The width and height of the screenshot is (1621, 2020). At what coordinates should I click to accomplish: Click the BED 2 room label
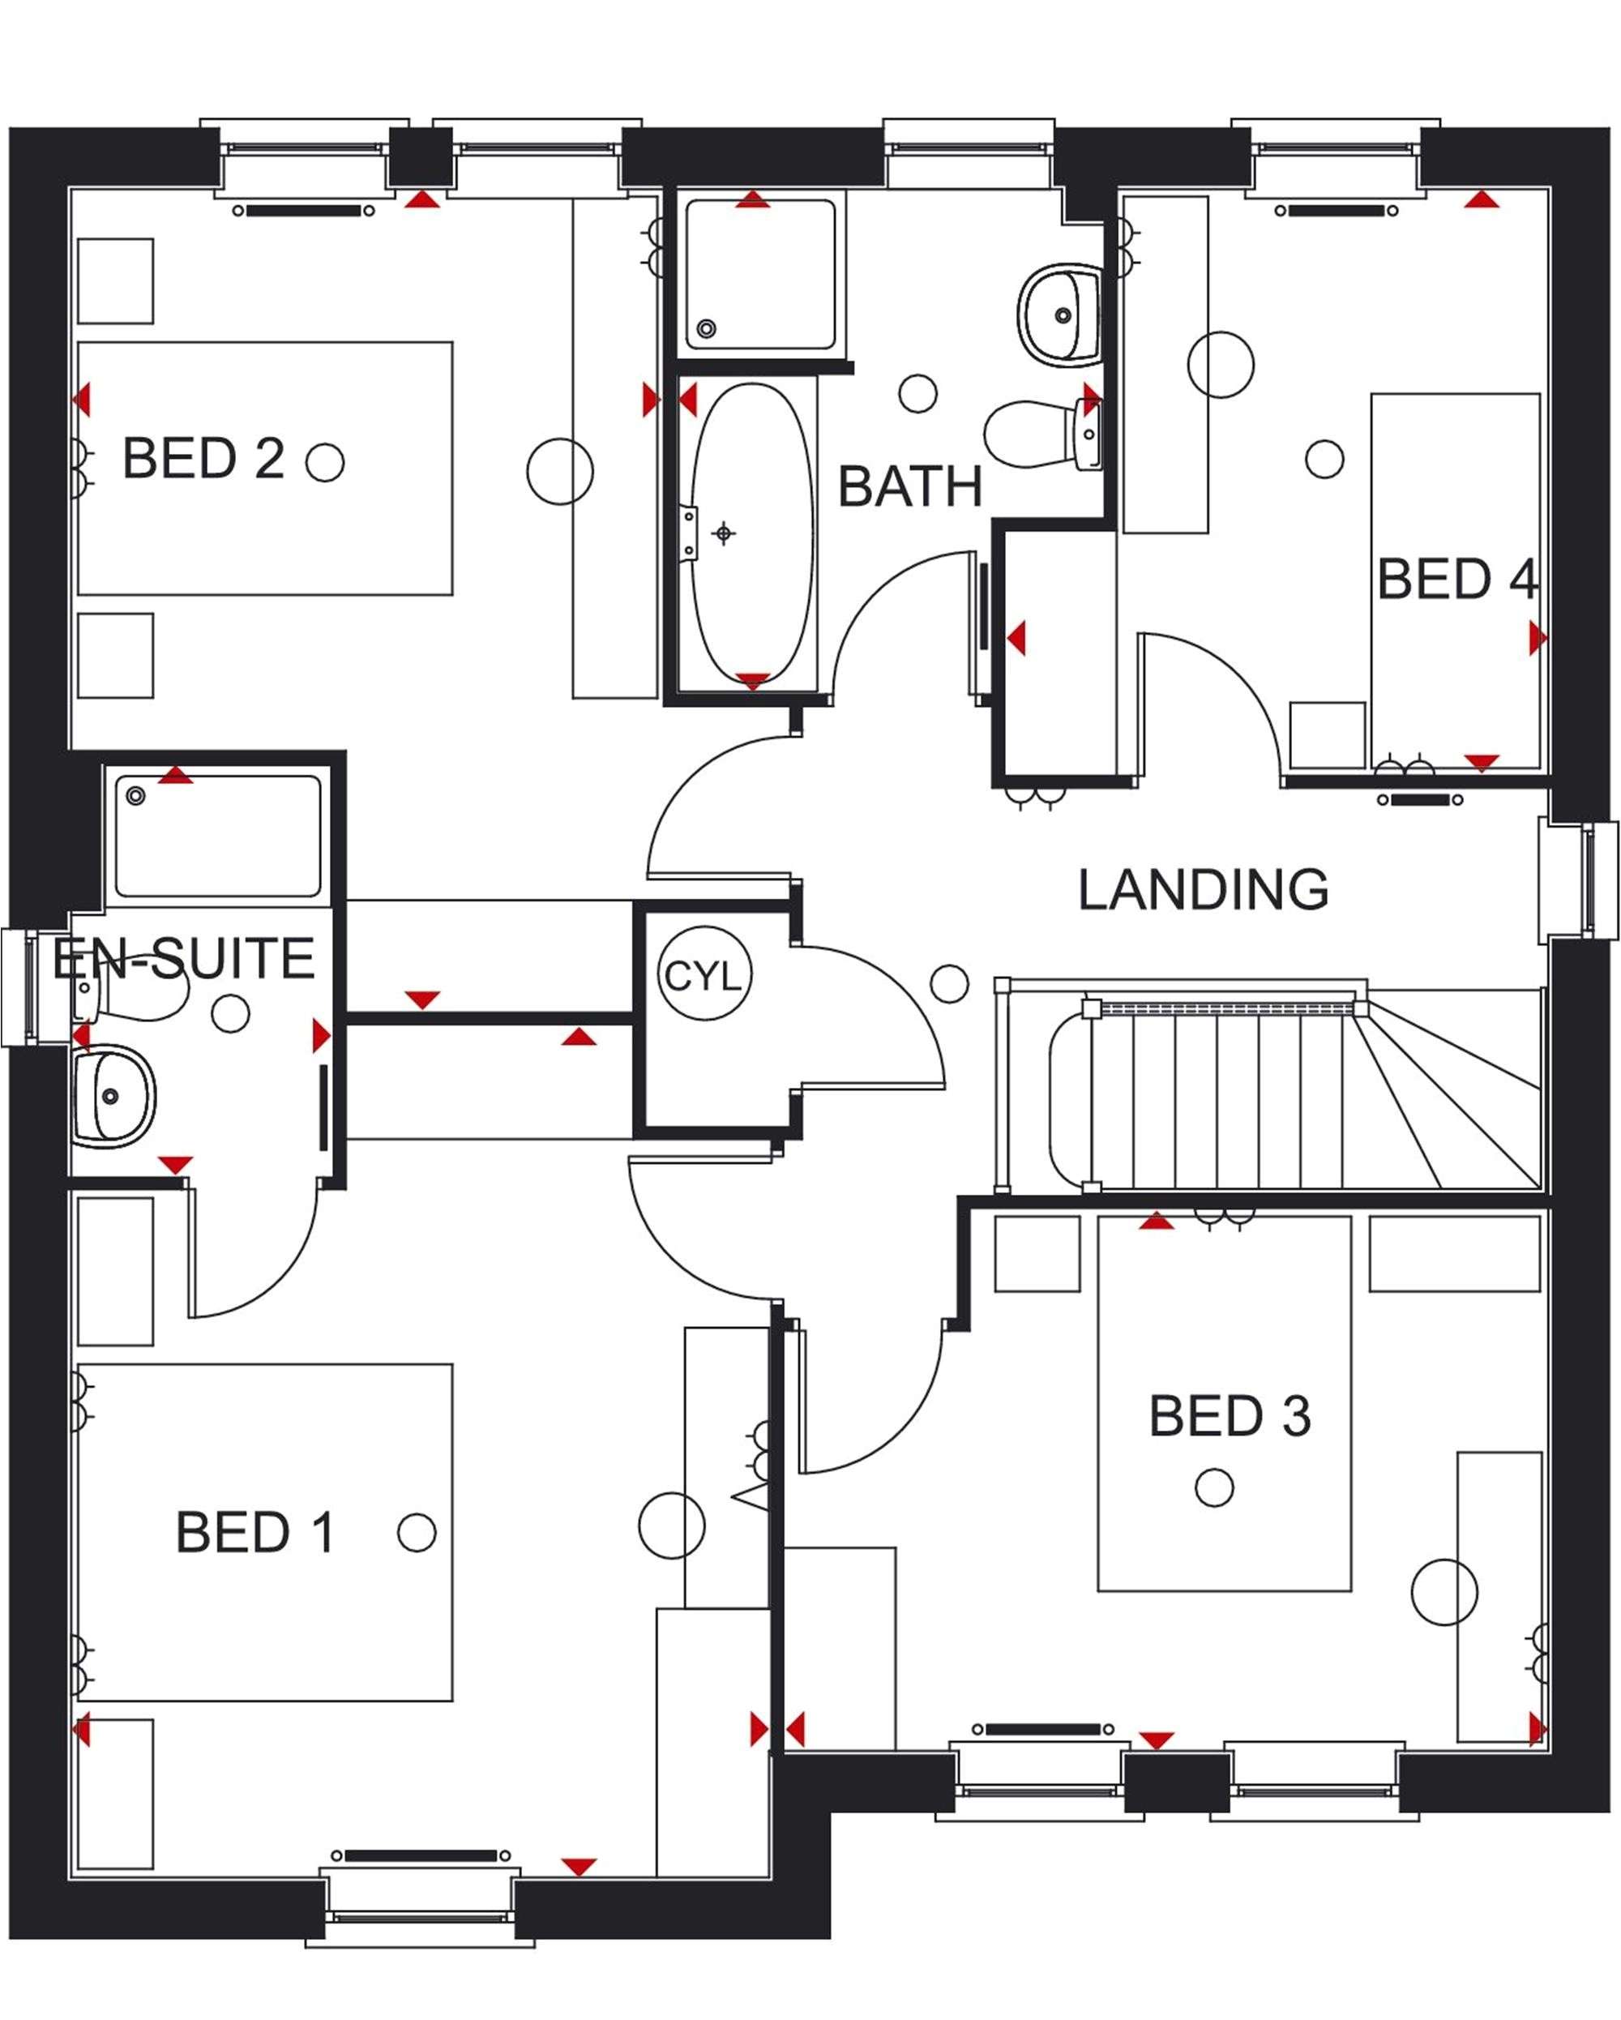(203, 458)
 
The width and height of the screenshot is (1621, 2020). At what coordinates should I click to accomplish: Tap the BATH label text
(909, 487)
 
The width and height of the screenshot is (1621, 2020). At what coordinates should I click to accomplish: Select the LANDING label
(1202, 889)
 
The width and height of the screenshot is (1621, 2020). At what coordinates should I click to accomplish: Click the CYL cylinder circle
(704, 975)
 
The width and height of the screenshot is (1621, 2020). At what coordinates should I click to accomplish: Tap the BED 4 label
(1456, 579)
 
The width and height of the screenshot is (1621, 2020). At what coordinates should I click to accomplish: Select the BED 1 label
(254, 1533)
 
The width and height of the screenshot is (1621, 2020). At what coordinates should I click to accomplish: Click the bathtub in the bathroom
(752, 534)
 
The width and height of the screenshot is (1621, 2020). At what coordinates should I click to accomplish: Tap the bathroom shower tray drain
(707, 328)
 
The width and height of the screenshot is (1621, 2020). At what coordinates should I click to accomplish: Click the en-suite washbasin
(113, 1096)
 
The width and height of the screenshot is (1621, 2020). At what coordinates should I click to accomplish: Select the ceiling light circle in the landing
(948, 984)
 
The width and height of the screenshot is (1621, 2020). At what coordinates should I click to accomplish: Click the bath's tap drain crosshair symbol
(722, 534)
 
